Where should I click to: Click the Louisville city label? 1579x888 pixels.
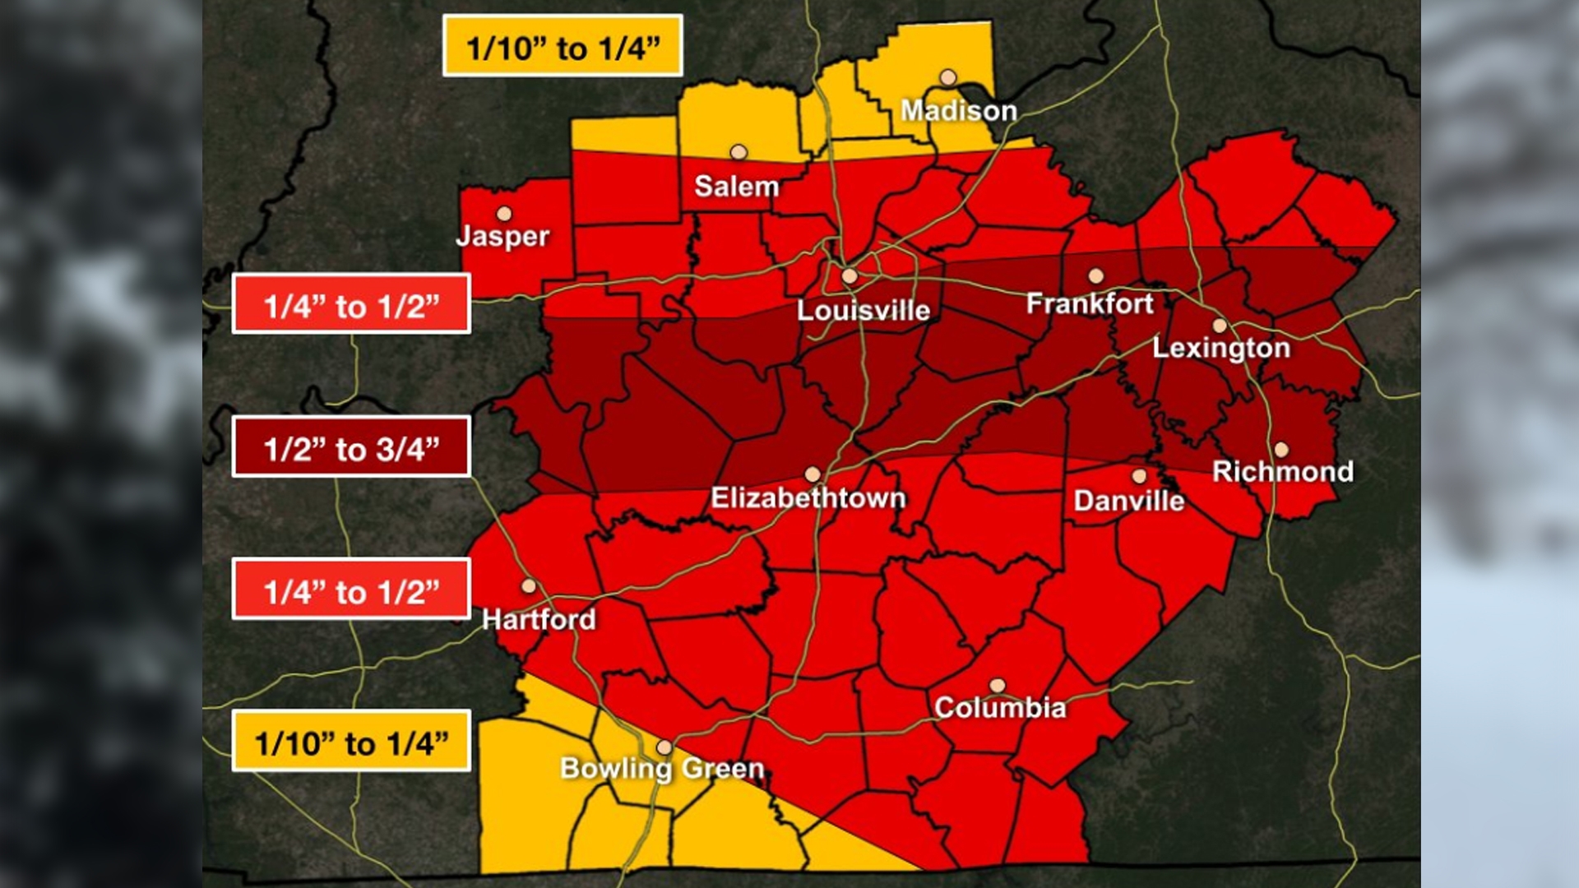[x=864, y=310]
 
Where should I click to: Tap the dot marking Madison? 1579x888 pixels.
[x=948, y=78]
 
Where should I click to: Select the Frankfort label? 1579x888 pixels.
[x=1090, y=303]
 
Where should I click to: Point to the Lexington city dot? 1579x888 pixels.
[x=1220, y=326]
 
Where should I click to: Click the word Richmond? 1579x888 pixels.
[x=1282, y=471]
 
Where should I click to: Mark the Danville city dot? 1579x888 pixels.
[x=1139, y=476]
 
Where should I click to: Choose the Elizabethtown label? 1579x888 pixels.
[x=808, y=497]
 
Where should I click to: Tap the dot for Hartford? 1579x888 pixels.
[x=529, y=586]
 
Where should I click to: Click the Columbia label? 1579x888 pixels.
[x=999, y=707]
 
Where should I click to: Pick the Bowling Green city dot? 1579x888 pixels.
[x=664, y=747]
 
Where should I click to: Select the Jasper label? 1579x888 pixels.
[x=502, y=236]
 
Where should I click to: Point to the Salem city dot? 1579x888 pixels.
[x=739, y=152]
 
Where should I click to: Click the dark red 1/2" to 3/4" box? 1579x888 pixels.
[x=351, y=447]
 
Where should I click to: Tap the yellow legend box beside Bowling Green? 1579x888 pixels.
[x=351, y=742]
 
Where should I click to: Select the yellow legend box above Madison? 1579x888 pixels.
[x=563, y=47]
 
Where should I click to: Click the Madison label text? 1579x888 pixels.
[x=958, y=110]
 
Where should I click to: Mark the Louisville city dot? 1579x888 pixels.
[x=850, y=277]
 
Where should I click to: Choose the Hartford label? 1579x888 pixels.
[x=539, y=618]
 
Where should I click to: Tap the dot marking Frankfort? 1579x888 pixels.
[x=1095, y=276]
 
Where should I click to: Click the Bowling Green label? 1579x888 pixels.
[x=662, y=768]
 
